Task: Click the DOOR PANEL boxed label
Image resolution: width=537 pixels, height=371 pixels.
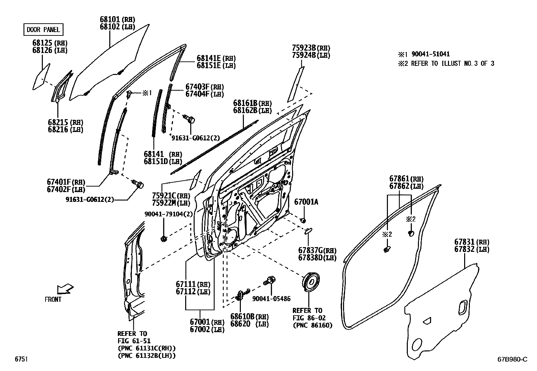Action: click(43, 30)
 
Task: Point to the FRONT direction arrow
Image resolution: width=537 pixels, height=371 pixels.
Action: click(65, 289)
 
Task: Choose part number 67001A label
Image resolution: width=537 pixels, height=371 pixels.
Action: click(306, 202)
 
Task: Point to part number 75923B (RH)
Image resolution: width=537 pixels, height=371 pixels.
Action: click(311, 48)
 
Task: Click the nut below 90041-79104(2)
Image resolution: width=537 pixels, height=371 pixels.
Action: click(164, 239)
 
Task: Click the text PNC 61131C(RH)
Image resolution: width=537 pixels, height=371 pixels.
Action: click(146, 348)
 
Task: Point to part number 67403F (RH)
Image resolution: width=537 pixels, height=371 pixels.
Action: click(204, 87)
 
